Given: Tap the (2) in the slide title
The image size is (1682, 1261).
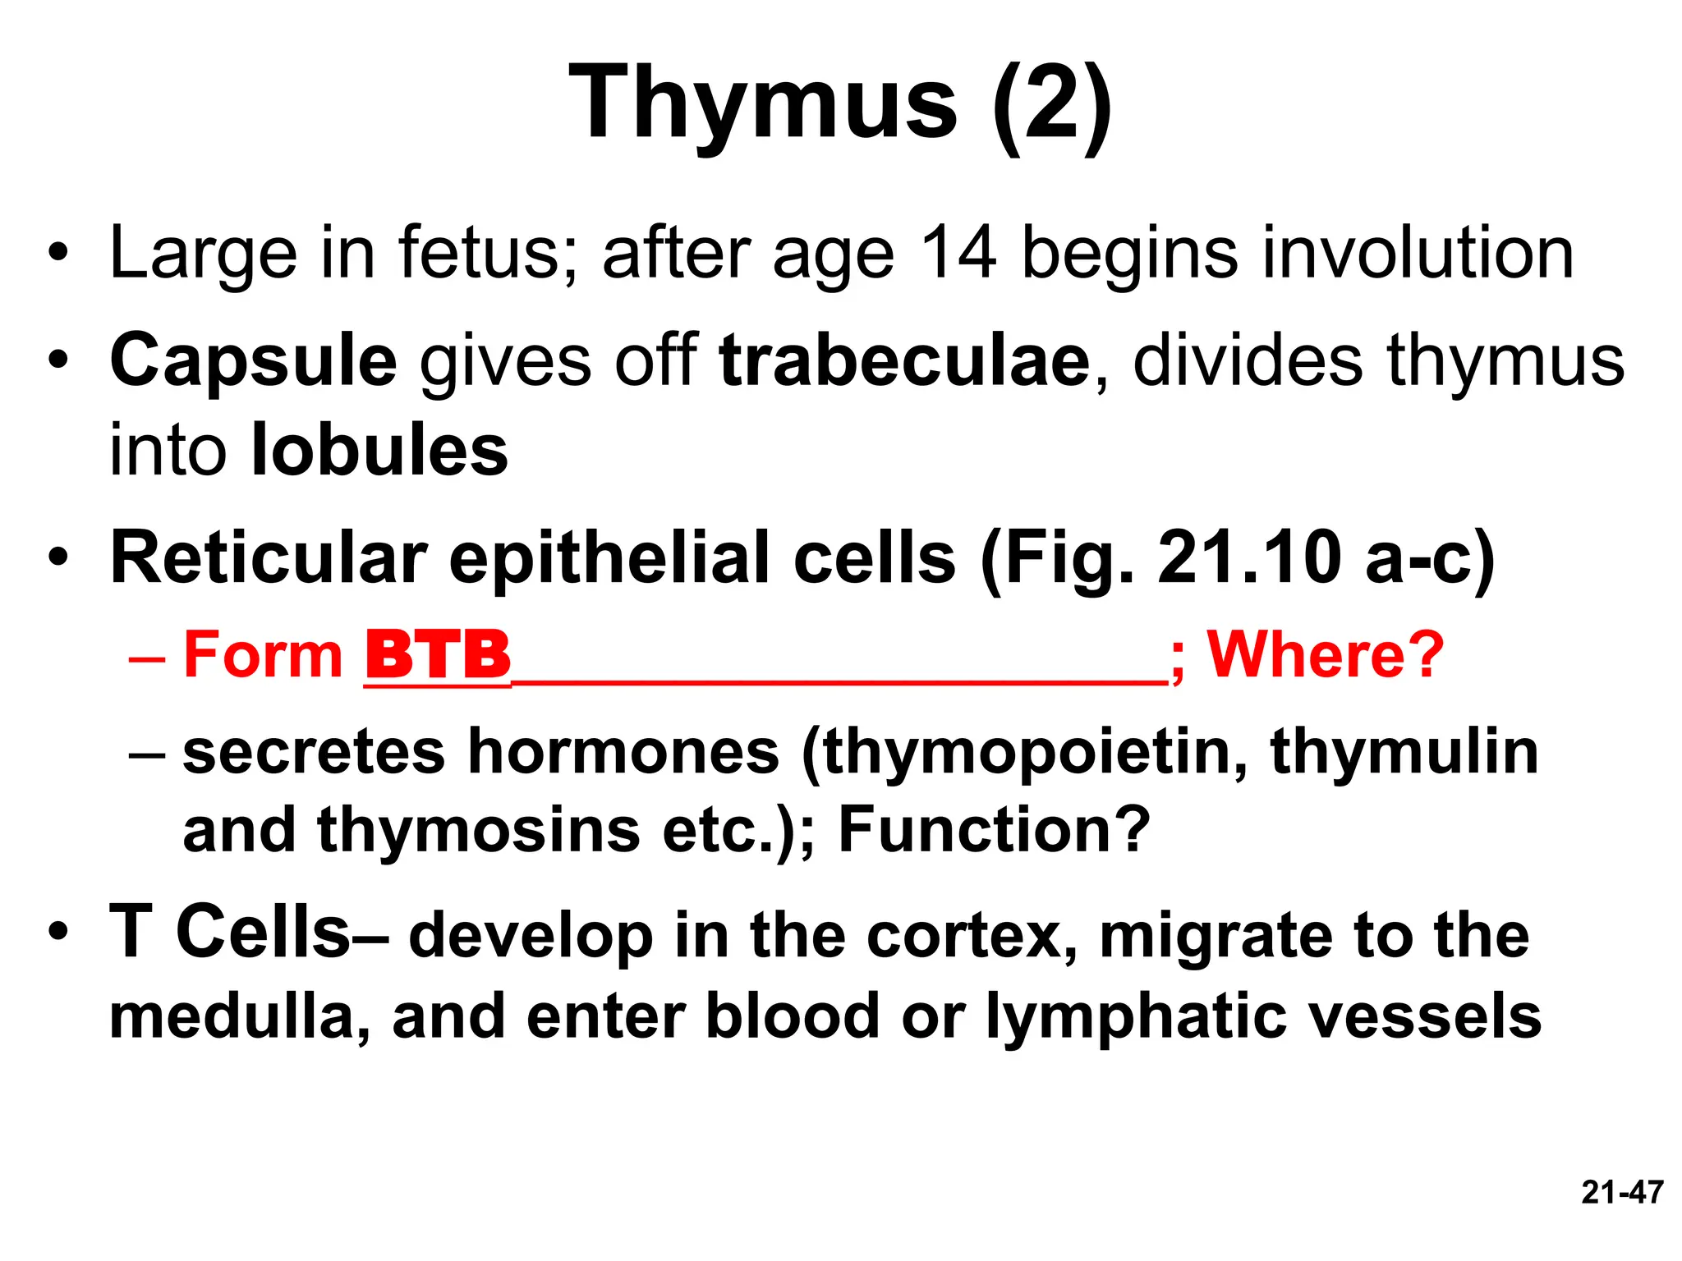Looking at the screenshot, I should [1052, 105].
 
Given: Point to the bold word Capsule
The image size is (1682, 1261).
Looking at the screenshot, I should [253, 361].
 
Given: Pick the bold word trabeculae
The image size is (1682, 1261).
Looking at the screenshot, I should [904, 361].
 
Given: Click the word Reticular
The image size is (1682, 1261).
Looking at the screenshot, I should [269, 558].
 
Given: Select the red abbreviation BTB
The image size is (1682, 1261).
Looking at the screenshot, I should [438, 655].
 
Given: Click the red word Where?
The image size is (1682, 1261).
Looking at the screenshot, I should [1325, 655].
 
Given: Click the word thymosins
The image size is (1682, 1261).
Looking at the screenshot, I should [478, 829].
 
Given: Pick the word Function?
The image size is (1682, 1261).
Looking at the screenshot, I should [994, 829].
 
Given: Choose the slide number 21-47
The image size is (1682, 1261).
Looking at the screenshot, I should [1622, 1192].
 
